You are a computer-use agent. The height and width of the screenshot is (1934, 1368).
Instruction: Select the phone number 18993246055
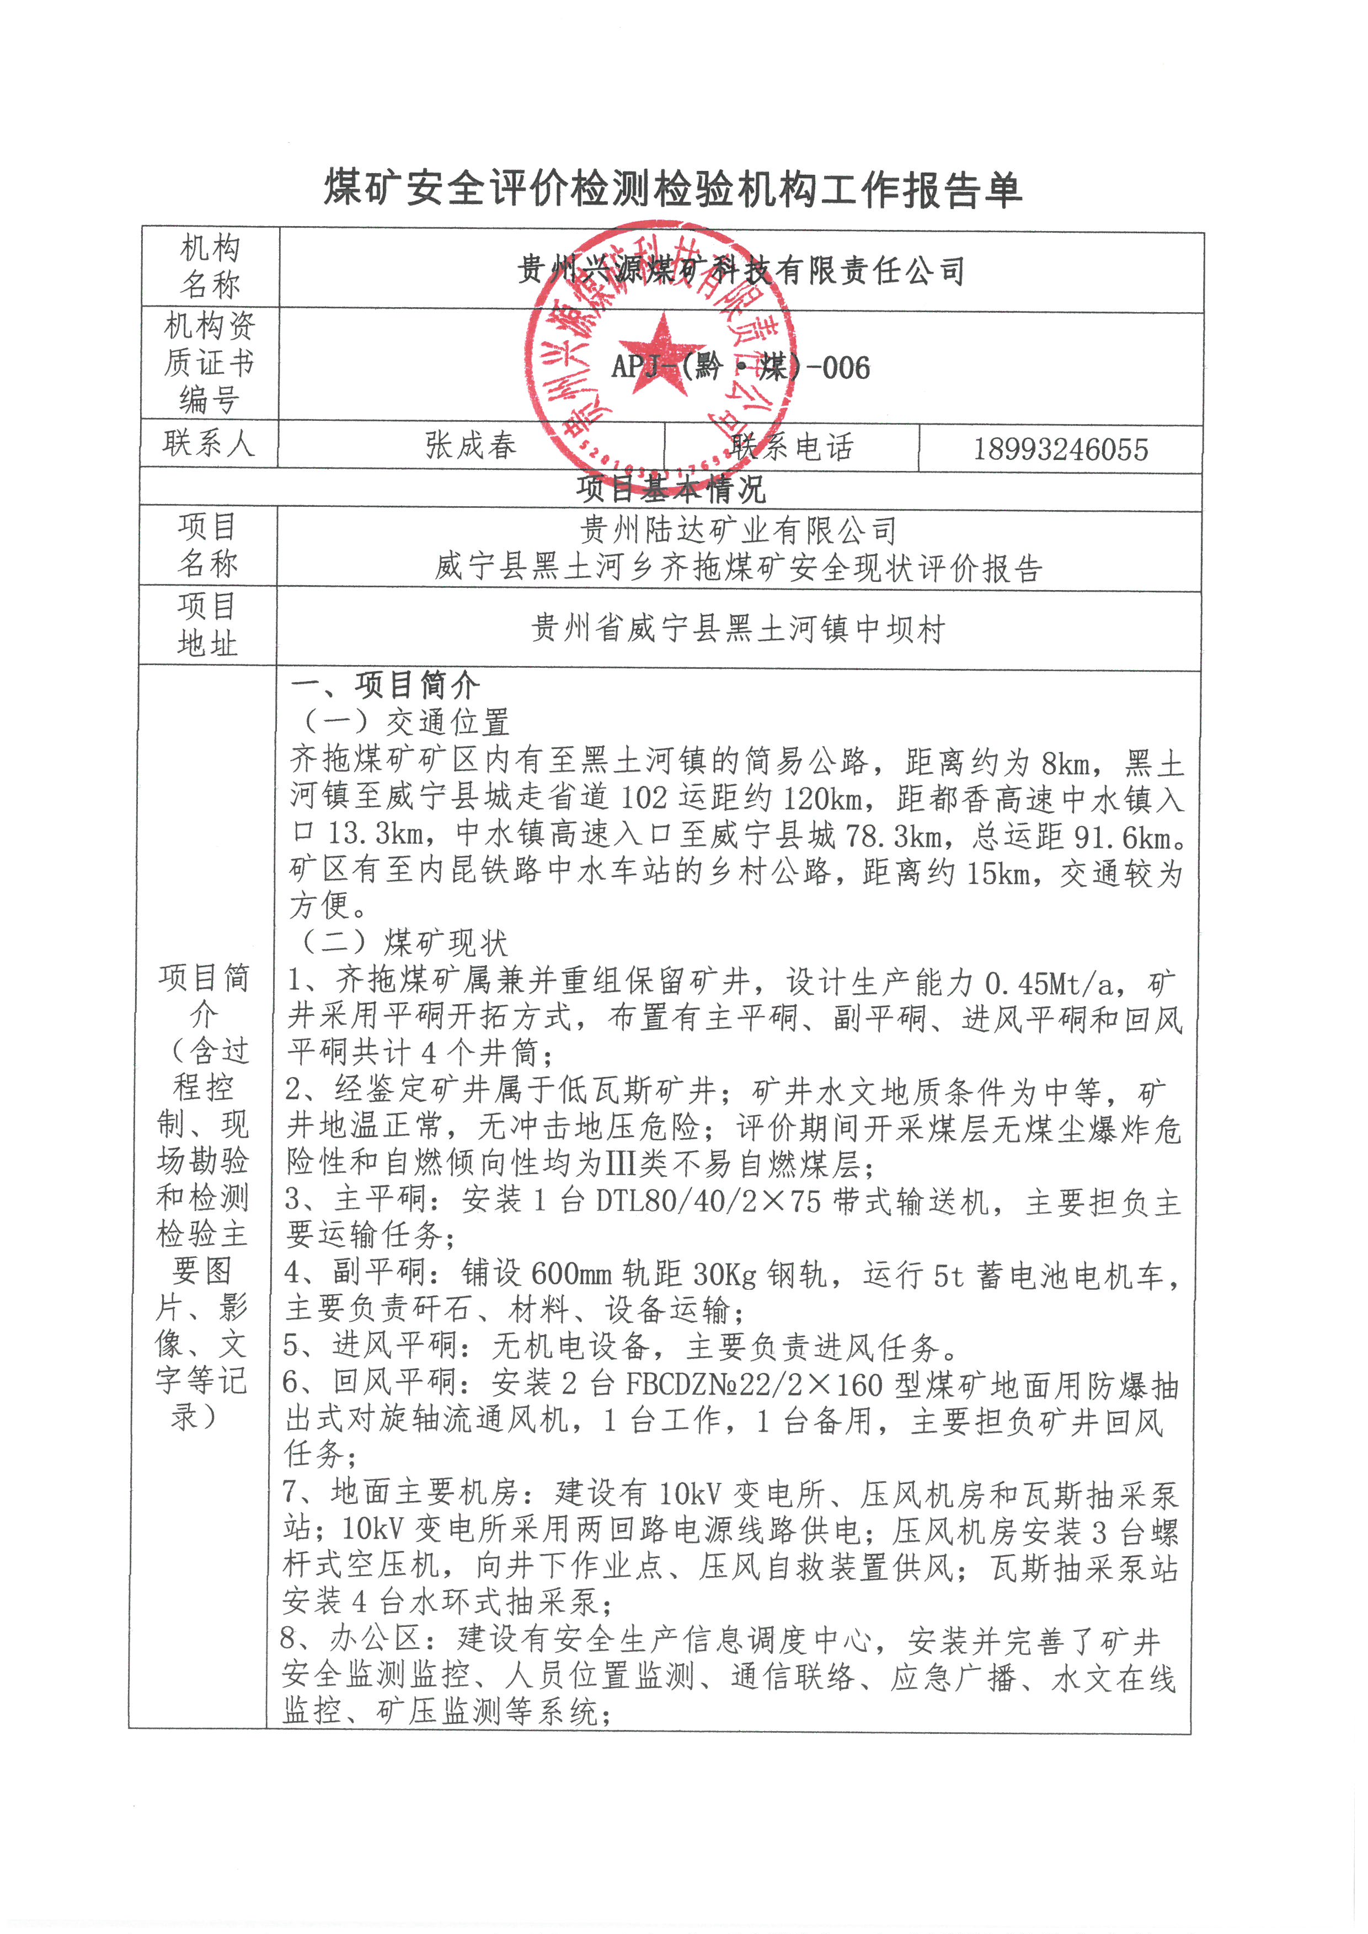click(x=1061, y=449)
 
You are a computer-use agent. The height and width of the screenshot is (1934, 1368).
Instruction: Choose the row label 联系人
click(x=208, y=443)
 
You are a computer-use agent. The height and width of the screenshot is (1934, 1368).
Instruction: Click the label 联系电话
click(x=792, y=447)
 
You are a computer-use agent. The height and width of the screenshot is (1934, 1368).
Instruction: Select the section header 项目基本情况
click(x=671, y=489)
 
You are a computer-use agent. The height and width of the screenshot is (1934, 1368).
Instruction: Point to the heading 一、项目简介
click(x=385, y=685)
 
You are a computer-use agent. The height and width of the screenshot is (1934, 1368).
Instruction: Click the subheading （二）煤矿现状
click(x=403, y=942)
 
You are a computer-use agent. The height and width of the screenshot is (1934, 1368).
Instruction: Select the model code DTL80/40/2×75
click(x=708, y=1201)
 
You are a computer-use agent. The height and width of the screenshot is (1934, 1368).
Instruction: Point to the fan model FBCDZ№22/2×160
click(x=754, y=1385)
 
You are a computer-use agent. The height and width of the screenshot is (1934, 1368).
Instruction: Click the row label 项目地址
click(x=207, y=624)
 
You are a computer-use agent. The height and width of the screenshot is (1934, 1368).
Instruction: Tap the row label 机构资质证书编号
click(x=208, y=362)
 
